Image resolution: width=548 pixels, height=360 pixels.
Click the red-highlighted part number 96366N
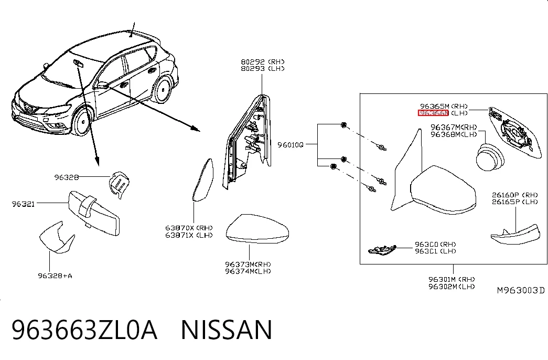click(x=433, y=113)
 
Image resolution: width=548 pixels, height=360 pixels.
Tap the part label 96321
click(x=23, y=204)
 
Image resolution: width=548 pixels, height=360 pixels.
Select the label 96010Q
click(x=291, y=145)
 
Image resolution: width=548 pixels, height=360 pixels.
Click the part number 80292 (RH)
click(x=263, y=62)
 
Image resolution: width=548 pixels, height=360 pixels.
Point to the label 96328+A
click(x=55, y=276)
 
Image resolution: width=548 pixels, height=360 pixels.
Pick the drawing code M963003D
click(x=521, y=290)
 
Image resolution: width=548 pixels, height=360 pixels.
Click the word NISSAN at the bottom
click(x=226, y=330)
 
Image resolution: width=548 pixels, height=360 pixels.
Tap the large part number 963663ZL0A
click(x=84, y=330)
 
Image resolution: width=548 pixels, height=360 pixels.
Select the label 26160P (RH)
click(x=515, y=195)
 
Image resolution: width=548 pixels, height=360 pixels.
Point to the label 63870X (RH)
click(x=189, y=228)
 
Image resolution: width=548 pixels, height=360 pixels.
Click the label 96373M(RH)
click(x=248, y=264)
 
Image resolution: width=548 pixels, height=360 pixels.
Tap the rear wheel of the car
click(x=163, y=89)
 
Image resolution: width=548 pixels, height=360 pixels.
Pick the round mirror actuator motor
click(x=490, y=157)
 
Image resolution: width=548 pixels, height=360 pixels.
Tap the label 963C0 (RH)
click(x=435, y=244)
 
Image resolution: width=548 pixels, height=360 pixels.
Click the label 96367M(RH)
click(x=454, y=128)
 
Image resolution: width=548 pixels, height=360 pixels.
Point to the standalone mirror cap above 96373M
click(x=257, y=229)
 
